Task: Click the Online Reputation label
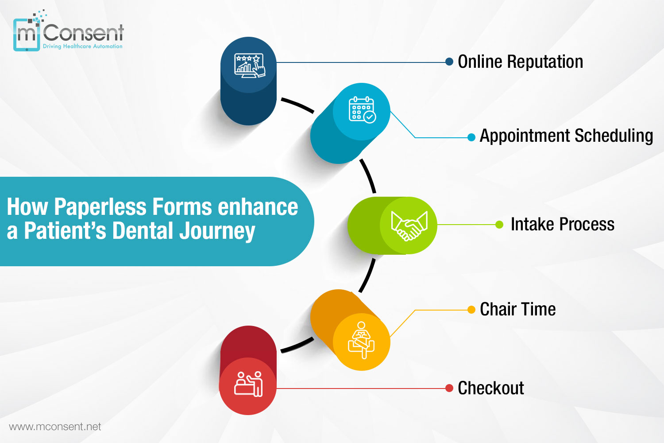[520, 62]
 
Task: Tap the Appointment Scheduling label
[566, 136]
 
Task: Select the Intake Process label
[562, 225]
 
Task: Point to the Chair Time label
[517, 309]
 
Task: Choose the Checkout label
[490, 388]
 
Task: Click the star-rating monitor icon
[249, 65]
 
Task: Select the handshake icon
[409, 225]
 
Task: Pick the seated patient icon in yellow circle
[361, 340]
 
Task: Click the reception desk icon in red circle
[248, 384]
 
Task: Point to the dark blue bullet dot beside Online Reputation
[449, 62]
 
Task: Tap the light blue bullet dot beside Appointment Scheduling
[471, 137]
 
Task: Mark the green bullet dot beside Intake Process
[499, 225]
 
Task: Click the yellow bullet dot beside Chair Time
[471, 310]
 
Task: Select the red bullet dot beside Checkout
[449, 389]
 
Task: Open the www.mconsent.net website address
[55, 427]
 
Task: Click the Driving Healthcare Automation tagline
[82, 46]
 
